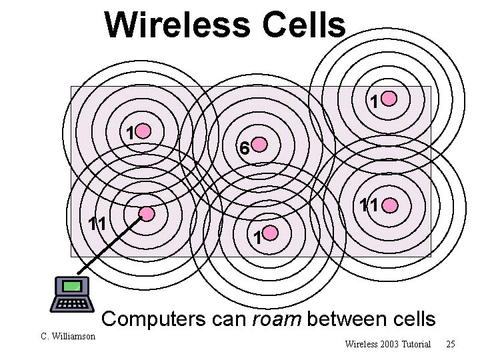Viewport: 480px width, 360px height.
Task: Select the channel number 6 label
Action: point(245,149)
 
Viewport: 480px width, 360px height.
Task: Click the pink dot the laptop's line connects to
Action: point(147,214)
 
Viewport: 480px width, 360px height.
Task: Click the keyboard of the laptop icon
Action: point(73,304)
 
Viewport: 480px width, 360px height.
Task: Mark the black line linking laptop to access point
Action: point(110,244)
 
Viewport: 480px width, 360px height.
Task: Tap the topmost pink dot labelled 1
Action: point(389,99)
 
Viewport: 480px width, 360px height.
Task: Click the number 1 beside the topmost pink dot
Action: point(375,102)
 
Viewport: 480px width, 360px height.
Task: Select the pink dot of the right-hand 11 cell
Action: point(390,205)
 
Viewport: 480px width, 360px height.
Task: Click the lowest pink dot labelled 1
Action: point(271,233)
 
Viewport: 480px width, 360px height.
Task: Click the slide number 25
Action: point(451,345)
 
